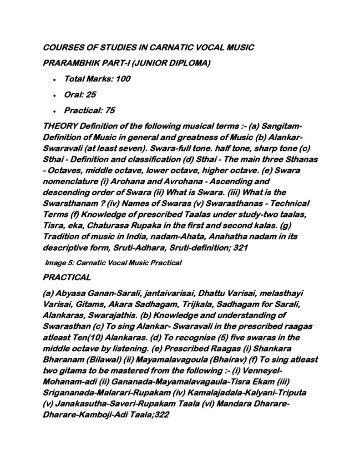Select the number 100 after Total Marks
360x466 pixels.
click(x=123, y=79)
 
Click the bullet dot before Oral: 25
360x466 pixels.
click(x=55, y=95)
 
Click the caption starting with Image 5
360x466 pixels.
click(x=114, y=263)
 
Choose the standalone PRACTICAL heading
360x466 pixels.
click(x=66, y=276)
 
